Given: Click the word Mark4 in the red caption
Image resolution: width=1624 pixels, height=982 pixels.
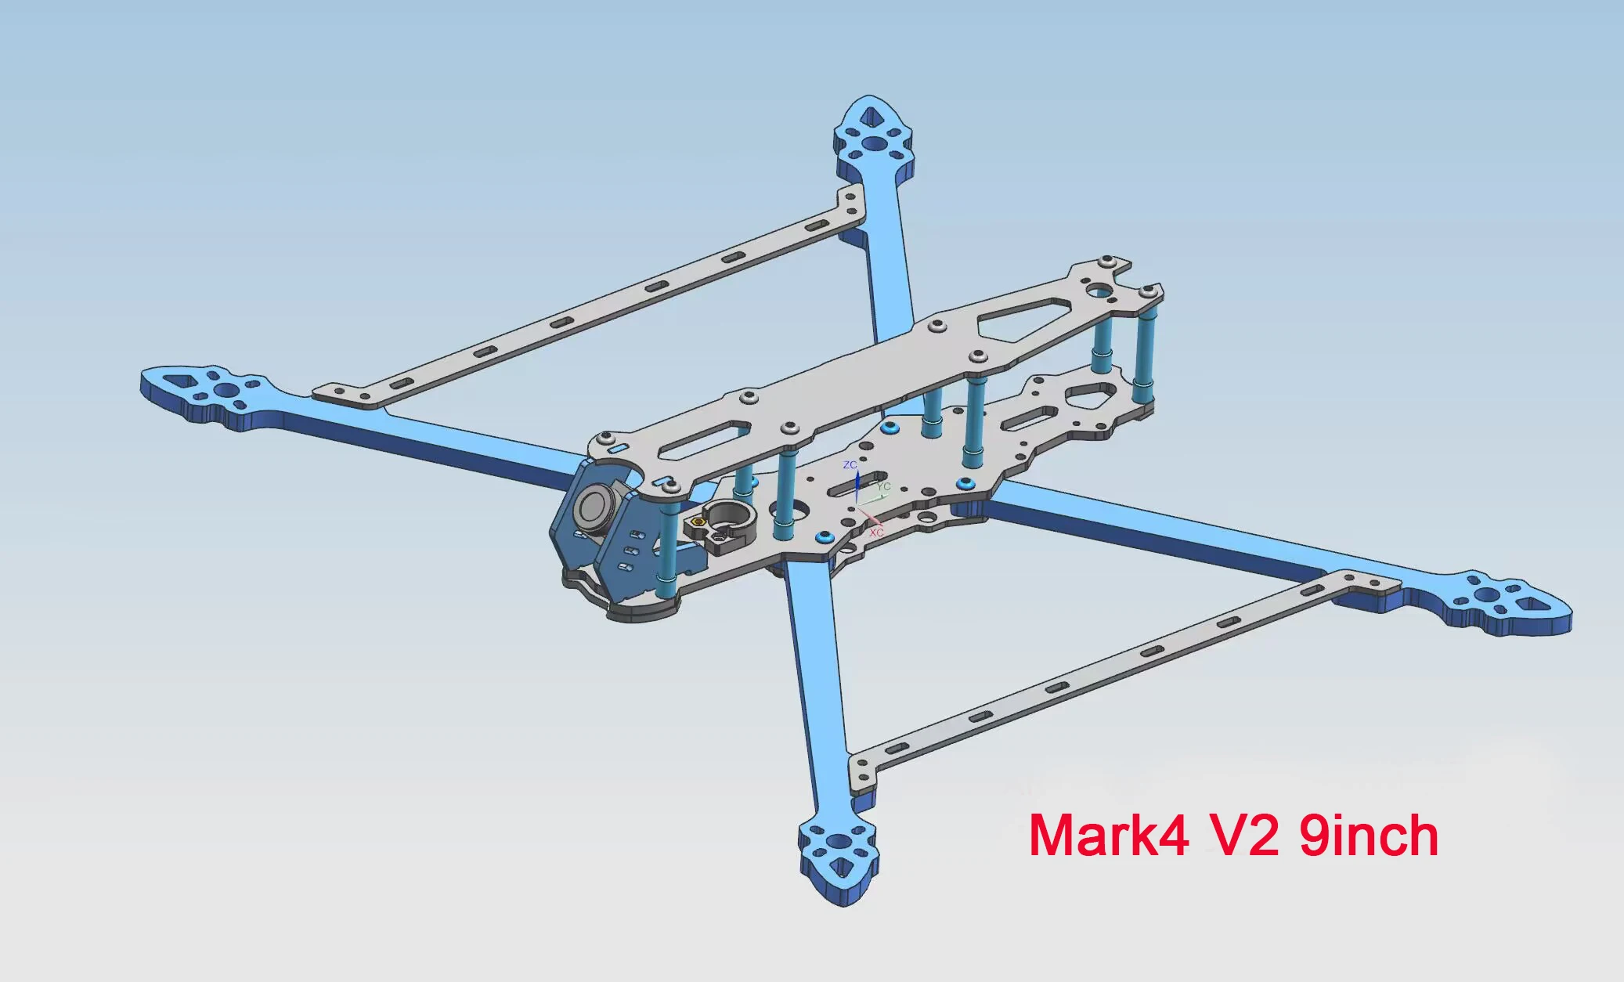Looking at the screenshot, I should [x=1109, y=836].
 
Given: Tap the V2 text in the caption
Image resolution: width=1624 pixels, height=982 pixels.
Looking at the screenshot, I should [x=1245, y=836].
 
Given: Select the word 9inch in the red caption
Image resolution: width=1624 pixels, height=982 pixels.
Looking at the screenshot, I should [x=1369, y=836].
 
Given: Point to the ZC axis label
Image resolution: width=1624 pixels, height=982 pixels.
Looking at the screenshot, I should [x=850, y=465].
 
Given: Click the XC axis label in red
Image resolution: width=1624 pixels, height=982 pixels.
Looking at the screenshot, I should [x=876, y=533].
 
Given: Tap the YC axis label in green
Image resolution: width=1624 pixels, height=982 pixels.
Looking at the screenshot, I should [x=884, y=487].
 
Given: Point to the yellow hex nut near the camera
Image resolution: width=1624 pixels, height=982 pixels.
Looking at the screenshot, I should [x=699, y=522].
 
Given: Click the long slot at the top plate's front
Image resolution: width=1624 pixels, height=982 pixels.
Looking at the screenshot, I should [x=704, y=441].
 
